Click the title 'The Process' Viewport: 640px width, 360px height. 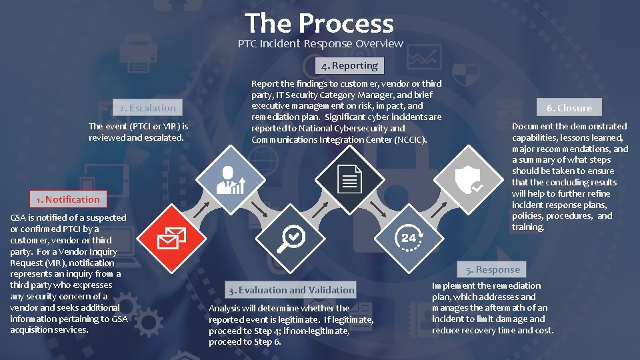319,23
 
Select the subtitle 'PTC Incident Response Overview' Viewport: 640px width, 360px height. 321,44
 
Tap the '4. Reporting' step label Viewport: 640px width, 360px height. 349,65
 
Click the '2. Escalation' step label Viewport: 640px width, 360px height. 147,108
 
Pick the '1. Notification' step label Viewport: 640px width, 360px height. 68,199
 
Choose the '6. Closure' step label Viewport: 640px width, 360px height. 569,108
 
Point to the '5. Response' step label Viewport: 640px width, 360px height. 493,269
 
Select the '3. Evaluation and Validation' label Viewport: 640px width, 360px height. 291,290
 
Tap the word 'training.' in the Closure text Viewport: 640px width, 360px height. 528,227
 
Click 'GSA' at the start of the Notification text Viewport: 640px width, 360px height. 19,217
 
